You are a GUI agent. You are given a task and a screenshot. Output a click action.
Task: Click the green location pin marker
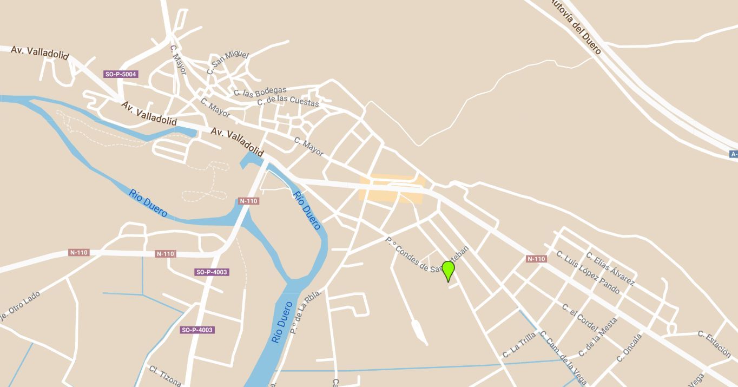pyautogui.click(x=448, y=270)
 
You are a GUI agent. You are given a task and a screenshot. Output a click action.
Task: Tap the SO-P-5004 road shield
pyautogui.click(x=121, y=74)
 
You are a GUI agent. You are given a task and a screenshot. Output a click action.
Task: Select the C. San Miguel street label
pyautogui.click(x=227, y=62)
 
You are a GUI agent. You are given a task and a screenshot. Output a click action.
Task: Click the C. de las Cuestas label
pyautogui.click(x=288, y=101)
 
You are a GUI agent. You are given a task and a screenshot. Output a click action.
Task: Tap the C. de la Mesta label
pyautogui.click(x=597, y=337)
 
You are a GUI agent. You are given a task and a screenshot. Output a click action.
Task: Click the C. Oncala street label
pyautogui.click(x=629, y=347)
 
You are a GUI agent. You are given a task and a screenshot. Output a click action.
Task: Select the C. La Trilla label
pyautogui.click(x=519, y=345)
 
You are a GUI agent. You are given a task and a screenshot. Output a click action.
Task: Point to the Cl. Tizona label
pyautogui.click(x=165, y=376)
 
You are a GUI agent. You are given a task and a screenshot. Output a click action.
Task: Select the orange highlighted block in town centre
pyautogui.click(x=391, y=189)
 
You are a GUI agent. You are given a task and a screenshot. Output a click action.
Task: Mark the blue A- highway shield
pyautogui.click(x=734, y=154)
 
